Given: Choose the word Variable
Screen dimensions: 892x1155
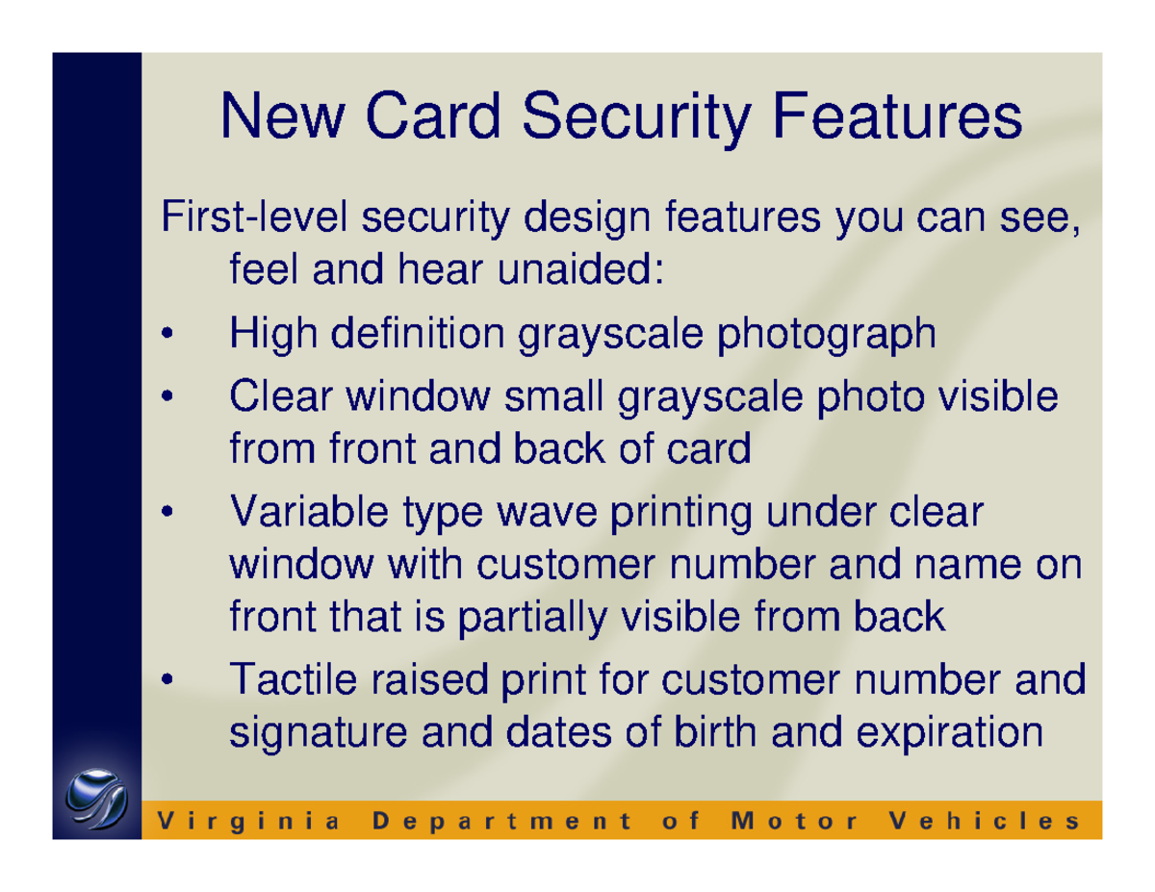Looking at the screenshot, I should coord(300,511).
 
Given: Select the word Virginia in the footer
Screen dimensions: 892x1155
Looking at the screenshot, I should coord(247,821).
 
